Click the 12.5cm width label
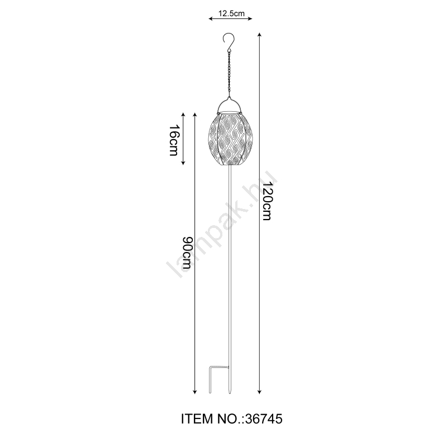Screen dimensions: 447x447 coord(231,13)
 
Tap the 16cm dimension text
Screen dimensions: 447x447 coord(173,140)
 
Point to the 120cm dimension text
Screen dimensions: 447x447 coord(267,201)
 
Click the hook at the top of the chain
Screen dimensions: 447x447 coord(229,40)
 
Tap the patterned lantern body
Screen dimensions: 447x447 coord(231,140)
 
